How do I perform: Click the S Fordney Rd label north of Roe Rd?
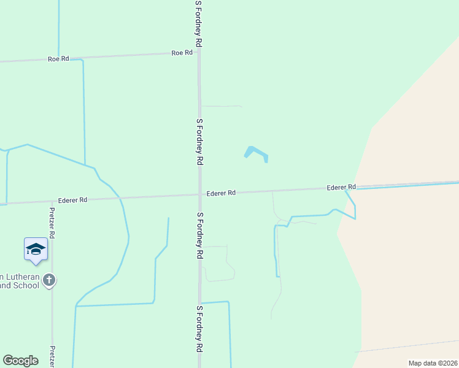199,23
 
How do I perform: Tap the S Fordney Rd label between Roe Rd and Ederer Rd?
199,142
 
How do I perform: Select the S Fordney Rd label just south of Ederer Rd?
199,236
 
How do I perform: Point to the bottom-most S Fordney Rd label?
199,337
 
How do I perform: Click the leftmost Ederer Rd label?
73,200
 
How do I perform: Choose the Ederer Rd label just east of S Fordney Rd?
221,193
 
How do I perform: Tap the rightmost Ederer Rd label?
341,187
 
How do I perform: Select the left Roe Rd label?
58,59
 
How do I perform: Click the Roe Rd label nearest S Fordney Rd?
182,53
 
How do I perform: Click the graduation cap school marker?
36,249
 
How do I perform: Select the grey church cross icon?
49,280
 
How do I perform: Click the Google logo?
20,361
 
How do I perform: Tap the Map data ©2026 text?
433,363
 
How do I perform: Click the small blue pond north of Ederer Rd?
256,153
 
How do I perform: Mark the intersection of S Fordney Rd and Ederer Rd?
199,194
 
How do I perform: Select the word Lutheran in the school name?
23,277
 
